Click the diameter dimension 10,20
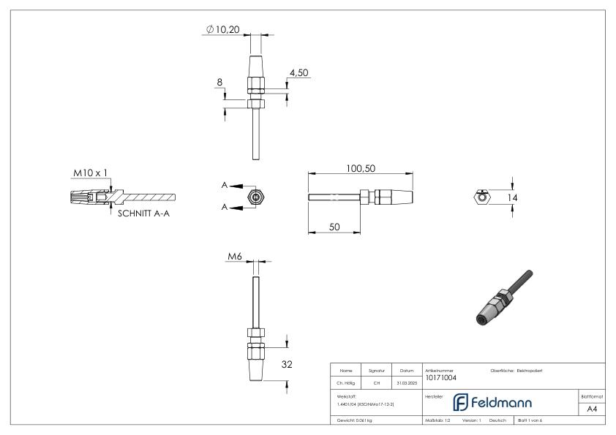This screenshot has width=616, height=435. tap(226, 30)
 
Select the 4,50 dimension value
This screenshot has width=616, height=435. tap(299, 73)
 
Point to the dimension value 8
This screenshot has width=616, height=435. tap(219, 83)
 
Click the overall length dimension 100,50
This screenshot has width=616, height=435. tap(360, 168)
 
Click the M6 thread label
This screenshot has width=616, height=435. tap(234, 257)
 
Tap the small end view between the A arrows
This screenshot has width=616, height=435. tap(255, 197)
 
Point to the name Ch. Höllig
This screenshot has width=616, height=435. tap(346, 382)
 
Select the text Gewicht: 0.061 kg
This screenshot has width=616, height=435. tap(353, 420)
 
